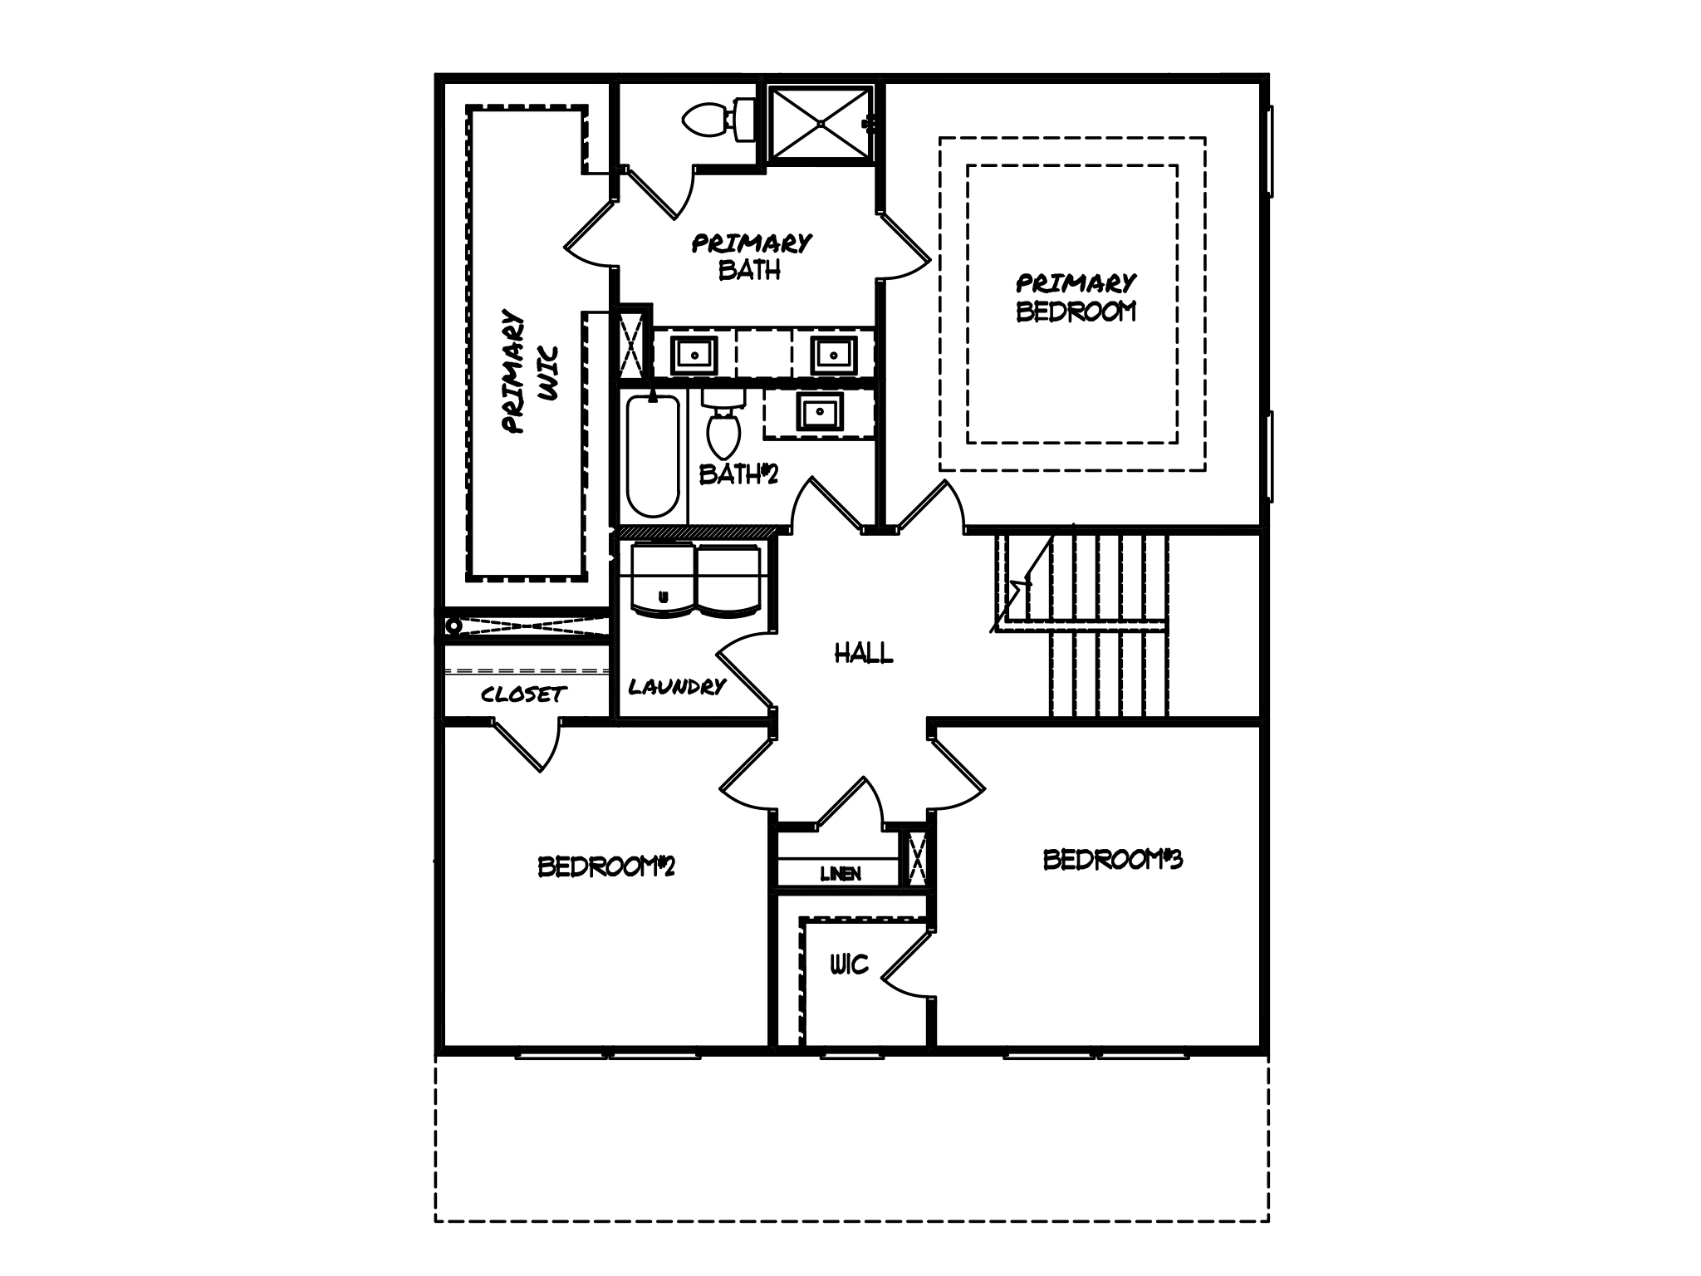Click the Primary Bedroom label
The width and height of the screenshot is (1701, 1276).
(1076, 297)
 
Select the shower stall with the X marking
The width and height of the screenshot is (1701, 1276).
(820, 123)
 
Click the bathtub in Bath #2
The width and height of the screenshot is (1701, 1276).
(653, 456)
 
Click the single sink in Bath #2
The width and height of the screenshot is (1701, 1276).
(820, 411)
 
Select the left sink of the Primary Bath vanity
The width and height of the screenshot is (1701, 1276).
(694, 355)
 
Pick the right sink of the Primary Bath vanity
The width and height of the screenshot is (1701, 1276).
(831, 355)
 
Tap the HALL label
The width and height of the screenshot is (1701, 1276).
(864, 654)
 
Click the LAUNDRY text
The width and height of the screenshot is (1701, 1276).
(677, 687)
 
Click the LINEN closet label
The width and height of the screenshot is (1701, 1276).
(840, 874)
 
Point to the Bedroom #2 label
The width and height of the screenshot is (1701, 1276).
(605, 866)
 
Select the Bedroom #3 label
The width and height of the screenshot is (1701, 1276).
(1111, 860)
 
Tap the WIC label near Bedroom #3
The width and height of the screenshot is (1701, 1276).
(849, 964)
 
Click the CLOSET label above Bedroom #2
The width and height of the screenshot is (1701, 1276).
(523, 694)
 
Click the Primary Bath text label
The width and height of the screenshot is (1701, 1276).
(751, 257)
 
